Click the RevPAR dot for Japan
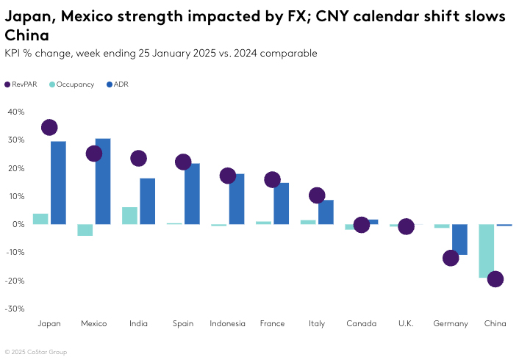(x=49, y=128)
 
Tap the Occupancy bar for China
(x=487, y=251)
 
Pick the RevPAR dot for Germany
(x=451, y=258)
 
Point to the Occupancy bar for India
(x=129, y=216)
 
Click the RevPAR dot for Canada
(x=361, y=225)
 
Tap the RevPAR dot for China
(x=495, y=279)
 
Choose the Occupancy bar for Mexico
(x=85, y=230)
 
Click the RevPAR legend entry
(x=21, y=84)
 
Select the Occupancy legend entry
(x=71, y=84)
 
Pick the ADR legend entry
(x=118, y=84)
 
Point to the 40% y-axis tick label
(x=16, y=112)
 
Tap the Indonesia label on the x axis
(x=228, y=324)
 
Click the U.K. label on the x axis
(x=406, y=324)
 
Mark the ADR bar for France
(x=282, y=204)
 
